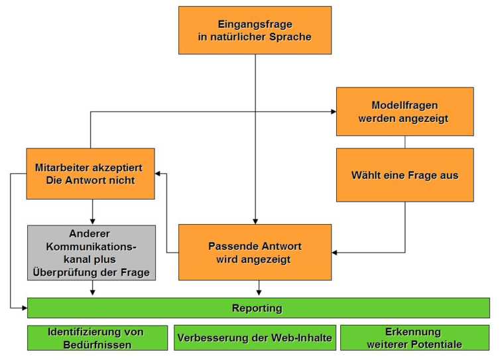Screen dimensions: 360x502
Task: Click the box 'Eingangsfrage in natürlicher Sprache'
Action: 255,30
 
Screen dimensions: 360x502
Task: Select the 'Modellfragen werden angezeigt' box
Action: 405,111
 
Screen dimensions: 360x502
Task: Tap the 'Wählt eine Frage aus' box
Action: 405,175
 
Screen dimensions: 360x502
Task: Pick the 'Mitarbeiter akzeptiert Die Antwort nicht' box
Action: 90,174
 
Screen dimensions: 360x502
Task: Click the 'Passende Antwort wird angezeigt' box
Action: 255,252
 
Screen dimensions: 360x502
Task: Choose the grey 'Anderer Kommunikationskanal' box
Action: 92,252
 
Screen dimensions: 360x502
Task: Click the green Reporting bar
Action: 257,308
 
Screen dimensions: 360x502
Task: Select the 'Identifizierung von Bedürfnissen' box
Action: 95,337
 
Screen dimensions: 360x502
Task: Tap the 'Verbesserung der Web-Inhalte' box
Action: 255,337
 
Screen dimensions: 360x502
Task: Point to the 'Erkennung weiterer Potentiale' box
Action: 414,337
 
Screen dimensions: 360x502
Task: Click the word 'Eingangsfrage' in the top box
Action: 255,25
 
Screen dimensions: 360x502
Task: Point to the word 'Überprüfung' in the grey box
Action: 62,271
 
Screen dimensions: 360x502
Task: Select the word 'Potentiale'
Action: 437,344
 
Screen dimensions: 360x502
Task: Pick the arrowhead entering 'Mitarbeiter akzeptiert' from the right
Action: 158,174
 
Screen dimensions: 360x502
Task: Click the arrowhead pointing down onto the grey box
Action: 92,221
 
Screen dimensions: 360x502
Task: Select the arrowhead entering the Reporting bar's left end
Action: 24,308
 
